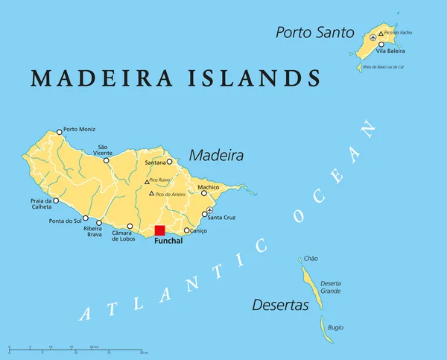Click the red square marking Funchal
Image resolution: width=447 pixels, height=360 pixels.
[159, 230]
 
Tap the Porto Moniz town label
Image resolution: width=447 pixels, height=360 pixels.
[80, 130]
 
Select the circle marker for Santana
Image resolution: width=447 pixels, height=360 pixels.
[169, 161]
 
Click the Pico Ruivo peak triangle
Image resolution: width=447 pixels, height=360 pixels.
[146, 181]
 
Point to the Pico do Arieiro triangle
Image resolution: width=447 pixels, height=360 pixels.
[151, 194]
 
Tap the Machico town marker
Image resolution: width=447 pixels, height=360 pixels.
[203, 193]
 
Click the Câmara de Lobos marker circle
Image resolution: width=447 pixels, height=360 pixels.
[130, 227]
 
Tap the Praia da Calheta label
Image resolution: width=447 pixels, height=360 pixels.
[40, 204]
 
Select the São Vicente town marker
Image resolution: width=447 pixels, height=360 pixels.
[106, 160]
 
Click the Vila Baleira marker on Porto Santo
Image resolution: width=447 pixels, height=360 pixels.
[381, 44]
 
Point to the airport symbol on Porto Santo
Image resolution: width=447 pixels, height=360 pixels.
[372, 37]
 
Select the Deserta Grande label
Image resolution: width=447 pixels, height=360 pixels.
[330, 287]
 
